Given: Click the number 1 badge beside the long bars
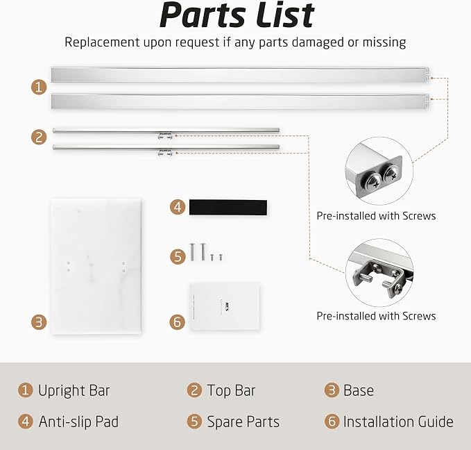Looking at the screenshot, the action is coord(39,87).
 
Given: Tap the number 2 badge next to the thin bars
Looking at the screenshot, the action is coord(39,137).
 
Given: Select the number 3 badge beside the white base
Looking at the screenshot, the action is coord(39,322).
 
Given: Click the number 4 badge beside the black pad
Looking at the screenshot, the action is coord(178,207).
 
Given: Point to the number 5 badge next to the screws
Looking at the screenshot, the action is coord(178,256).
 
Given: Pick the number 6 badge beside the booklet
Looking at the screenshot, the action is coord(178,322).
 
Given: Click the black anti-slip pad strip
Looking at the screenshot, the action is coord(228,207).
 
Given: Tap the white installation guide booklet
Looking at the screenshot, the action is coord(225,306).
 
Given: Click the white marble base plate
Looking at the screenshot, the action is coord(96,266).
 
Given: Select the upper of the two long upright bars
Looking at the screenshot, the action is coord(239,75).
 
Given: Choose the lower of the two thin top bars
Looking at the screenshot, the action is coord(166,147).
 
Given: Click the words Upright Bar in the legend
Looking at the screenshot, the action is coord(74,391).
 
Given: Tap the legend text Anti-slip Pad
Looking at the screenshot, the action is coord(78,422).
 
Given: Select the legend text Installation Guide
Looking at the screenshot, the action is coord(398,422).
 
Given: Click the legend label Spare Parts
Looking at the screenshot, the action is coord(243,422).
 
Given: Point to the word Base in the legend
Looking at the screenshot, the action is coord(359,391).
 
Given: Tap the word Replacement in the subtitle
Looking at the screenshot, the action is coord(102,42).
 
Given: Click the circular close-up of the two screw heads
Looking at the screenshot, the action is coord(379,171).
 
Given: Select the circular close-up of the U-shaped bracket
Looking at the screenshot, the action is coord(379,272).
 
